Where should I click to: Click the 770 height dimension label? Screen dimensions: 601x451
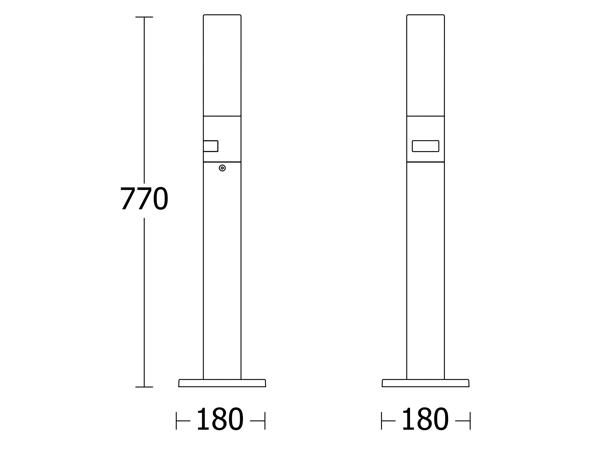point(144,198)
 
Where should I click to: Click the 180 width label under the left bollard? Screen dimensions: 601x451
point(220,419)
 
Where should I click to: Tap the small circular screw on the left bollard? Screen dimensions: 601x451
point(222,168)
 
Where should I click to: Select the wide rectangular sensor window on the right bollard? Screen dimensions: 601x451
point(426,146)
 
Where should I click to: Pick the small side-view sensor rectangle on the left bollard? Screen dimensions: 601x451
point(211,146)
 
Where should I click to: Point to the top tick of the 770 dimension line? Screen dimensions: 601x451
point(144,17)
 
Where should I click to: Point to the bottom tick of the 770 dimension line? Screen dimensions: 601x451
point(144,387)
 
